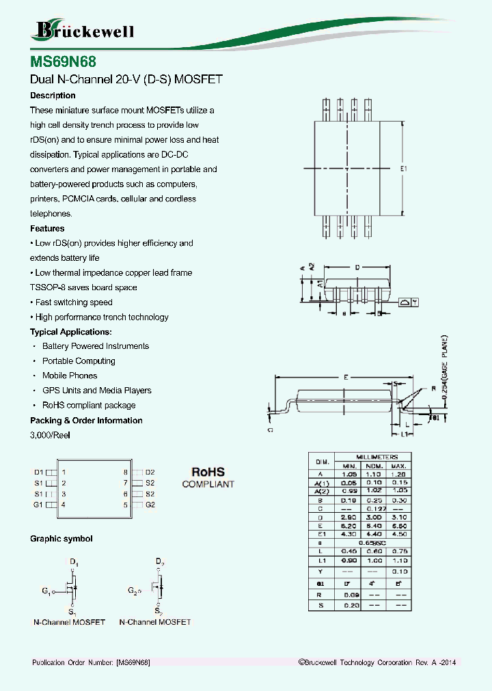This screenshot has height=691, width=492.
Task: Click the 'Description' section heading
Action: [x=53, y=96]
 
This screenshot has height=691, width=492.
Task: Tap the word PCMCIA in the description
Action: [x=81, y=199]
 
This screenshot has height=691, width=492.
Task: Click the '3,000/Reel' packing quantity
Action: [x=50, y=435]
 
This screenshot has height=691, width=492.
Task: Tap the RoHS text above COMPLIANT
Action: [x=208, y=472]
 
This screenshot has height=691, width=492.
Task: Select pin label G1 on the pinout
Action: [x=38, y=505]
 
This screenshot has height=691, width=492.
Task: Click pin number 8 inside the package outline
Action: [x=126, y=472]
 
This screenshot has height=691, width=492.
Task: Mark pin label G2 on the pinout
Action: [x=150, y=505]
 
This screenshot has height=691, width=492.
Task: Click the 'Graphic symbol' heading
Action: [x=61, y=539]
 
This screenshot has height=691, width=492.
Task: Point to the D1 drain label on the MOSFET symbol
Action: [x=73, y=562]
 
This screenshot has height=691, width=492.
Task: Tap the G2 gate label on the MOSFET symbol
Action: [x=133, y=590]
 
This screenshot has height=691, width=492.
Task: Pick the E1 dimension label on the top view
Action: [x=403, y=169]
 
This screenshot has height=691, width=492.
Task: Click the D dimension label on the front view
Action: [x=357, y=268]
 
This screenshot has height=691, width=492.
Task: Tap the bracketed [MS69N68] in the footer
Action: [x=133, y=663]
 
